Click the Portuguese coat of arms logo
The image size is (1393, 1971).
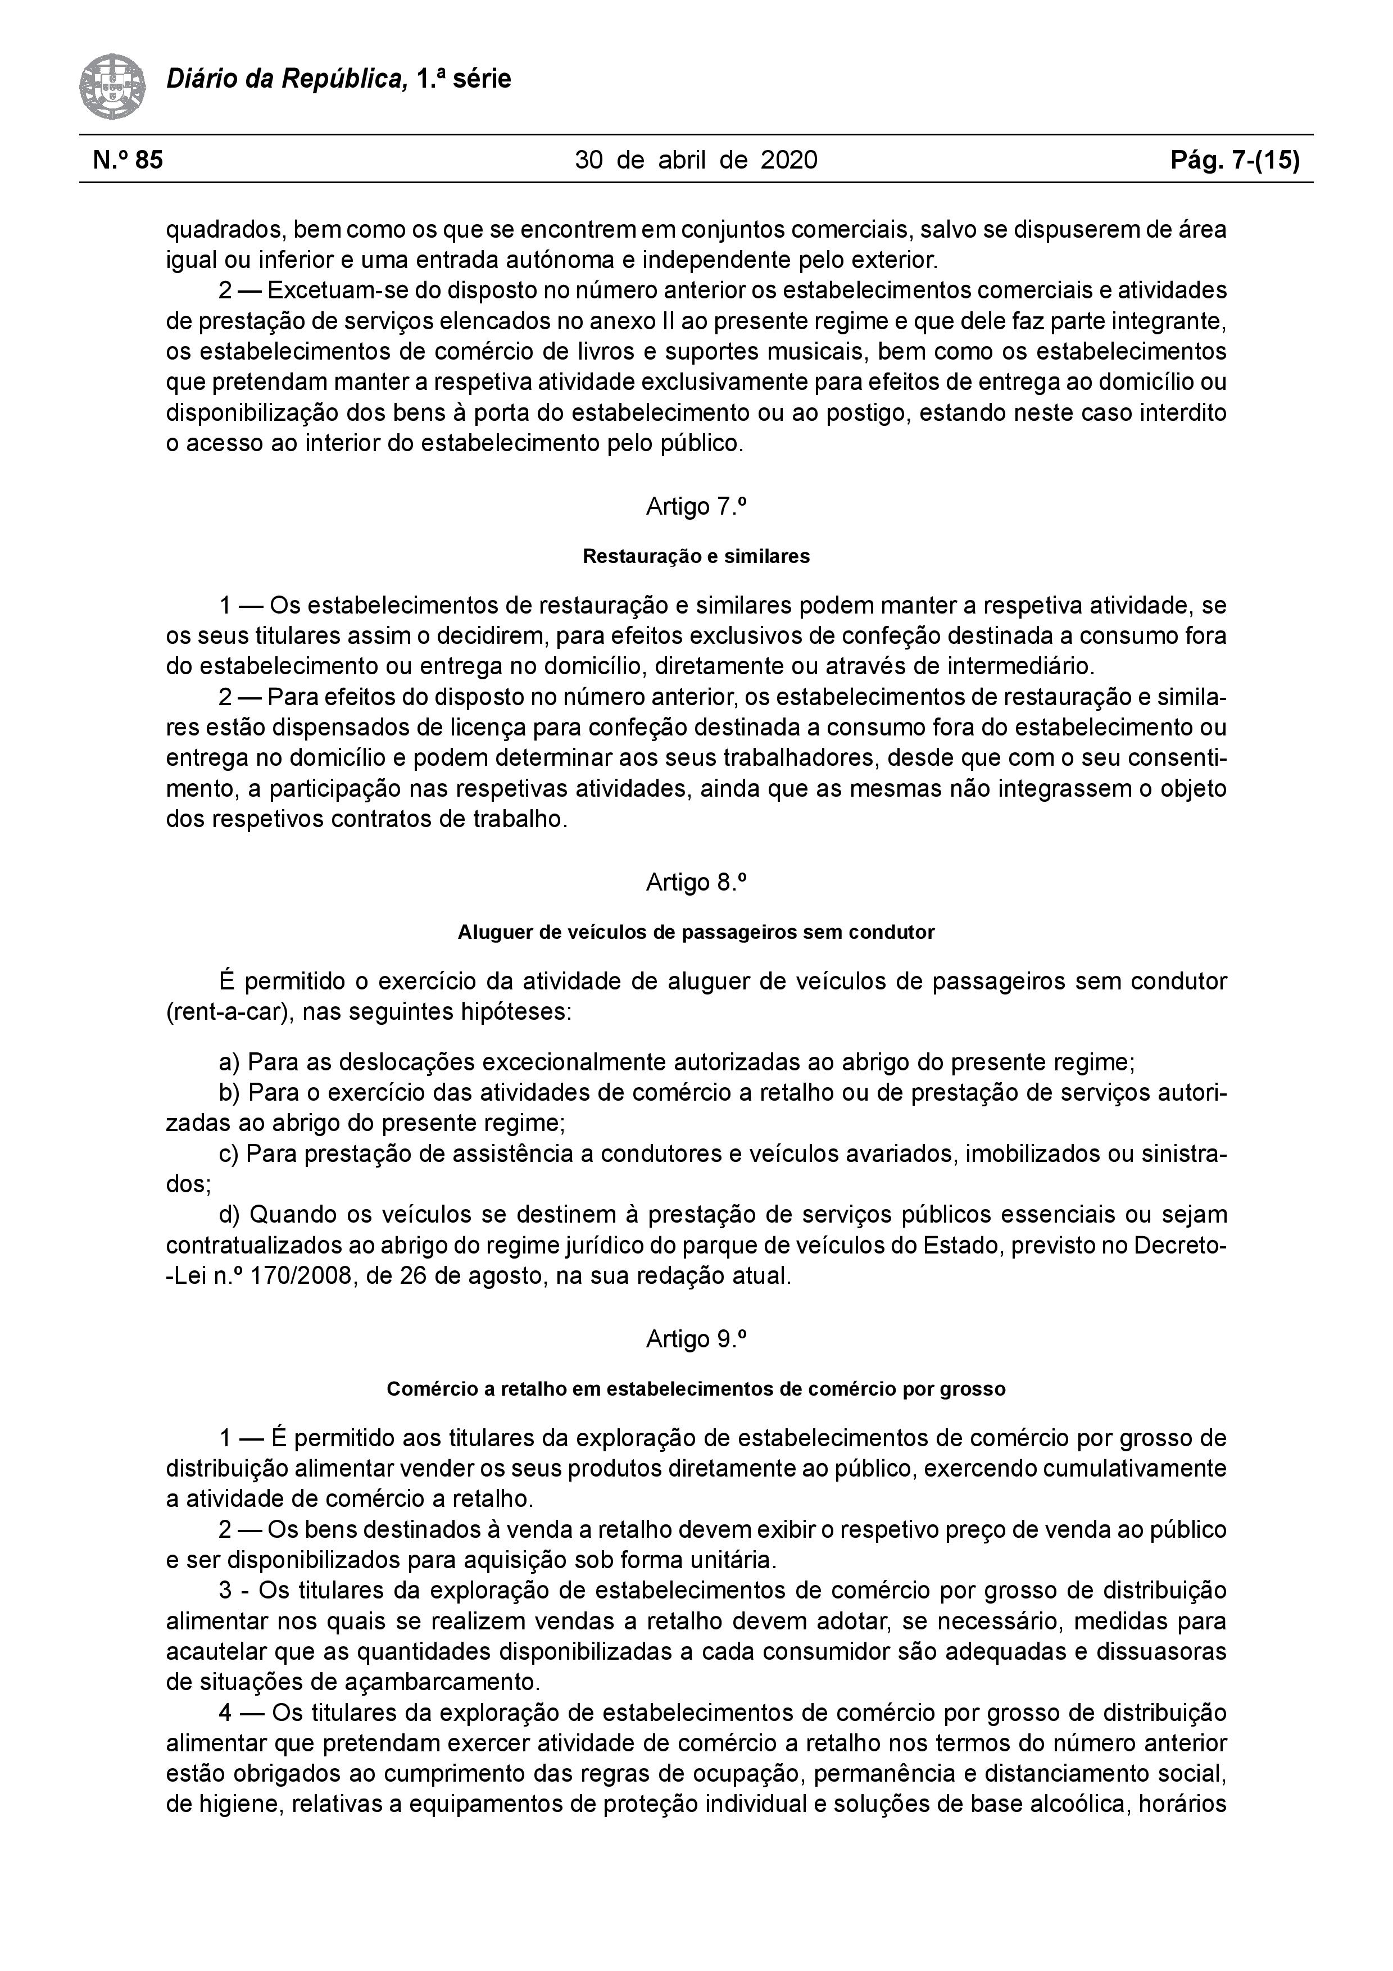112,87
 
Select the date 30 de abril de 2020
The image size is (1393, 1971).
696,160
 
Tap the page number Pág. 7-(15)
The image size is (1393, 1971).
1235,160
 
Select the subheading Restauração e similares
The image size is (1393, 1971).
696,556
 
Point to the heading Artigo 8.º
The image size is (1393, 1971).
696,883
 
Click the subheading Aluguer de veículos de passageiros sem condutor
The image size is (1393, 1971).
696,932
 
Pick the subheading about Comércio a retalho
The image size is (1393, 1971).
696,1389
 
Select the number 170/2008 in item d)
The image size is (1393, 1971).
300,1275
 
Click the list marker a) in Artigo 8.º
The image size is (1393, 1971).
229,1063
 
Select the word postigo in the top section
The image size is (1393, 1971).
869,413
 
